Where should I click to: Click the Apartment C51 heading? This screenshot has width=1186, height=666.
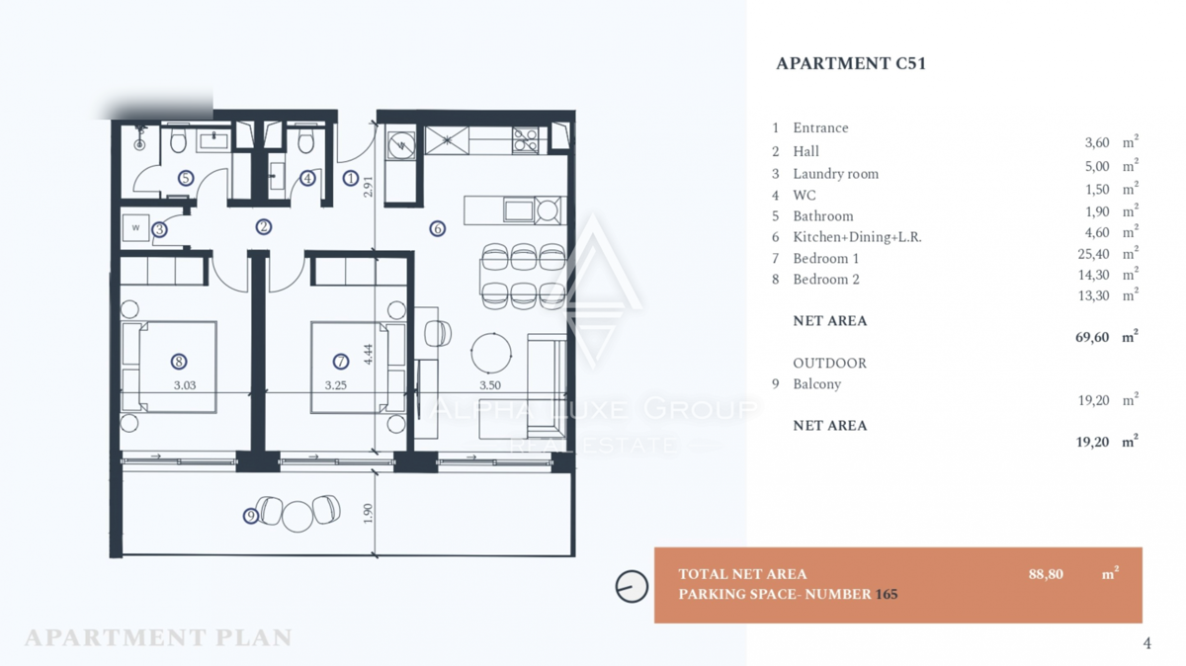(851, 63)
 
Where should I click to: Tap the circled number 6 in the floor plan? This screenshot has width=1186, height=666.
(437, 228)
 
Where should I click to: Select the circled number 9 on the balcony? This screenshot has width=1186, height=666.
(250, 516)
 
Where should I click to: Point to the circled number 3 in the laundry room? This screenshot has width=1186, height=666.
(159, 230)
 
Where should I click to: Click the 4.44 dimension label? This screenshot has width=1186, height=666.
(369, 354)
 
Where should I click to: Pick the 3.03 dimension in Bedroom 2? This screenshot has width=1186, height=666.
(185, 385)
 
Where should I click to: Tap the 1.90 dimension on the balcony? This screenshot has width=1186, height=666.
(369, 513)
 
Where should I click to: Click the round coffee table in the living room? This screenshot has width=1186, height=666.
(491, 353)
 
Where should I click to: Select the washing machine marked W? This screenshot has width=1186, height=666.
(135, 228)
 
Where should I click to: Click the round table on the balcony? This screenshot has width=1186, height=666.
(297, 516)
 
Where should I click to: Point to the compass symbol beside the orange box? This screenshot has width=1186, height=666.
(632, 586)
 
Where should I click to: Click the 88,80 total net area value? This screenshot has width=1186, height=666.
(1046, 574)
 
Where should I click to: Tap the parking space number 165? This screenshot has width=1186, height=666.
(887, 595)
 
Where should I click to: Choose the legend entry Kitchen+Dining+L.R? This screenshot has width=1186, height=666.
(857, 237)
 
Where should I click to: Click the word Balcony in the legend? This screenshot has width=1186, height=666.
(817, 384)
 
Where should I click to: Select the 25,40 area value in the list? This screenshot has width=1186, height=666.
(1093, 254)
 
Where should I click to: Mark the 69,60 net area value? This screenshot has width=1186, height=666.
(1092, 337)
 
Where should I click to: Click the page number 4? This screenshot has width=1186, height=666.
(1146, 643)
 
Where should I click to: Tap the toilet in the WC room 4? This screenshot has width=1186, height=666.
(305, 139)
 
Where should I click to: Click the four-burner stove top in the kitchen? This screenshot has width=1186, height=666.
(525, 140)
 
